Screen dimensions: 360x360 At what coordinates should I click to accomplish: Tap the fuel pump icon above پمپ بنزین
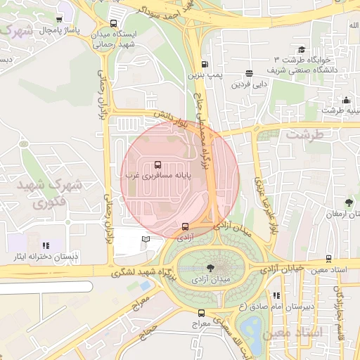[x=205, y=63]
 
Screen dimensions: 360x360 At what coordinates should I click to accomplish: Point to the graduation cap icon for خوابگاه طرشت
[x=302, y=49]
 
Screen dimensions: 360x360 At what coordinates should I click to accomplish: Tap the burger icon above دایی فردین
[x=249, y=74]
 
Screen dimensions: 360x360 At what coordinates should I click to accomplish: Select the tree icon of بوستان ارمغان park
[x=348, y=203]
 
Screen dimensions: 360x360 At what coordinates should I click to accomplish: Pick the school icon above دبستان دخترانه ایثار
[x=46, y=245]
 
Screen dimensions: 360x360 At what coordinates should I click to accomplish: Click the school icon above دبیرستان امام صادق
[x=276, y=296]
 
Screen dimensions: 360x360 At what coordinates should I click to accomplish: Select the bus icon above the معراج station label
[x=202, y=313]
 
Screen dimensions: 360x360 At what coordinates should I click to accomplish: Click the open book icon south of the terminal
[x=146, y=240]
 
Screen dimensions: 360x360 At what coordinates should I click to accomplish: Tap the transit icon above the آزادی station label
[x=185, y=226]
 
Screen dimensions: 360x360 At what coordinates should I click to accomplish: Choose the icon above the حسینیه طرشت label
[x=345, y=101]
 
